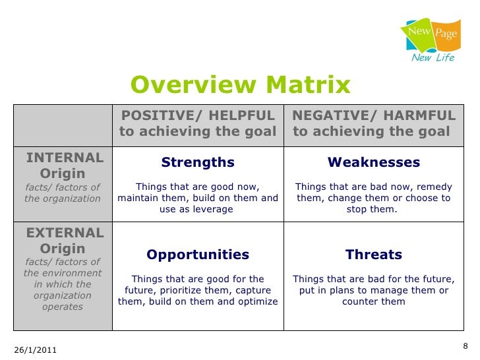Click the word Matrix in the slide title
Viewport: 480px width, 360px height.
[309, 86]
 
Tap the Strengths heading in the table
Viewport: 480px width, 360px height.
[198, 162]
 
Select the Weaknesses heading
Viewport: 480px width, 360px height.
[374, 162]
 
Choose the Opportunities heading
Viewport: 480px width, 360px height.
[198, 255]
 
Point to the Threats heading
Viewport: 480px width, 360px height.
[374, 255]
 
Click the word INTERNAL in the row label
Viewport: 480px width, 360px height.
[65, 158]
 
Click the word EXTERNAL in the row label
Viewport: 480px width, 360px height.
[65, 233]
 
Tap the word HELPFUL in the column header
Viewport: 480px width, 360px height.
[237, 115]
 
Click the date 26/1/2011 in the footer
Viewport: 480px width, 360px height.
[34, 350]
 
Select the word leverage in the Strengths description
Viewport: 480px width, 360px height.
[212, 210]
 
